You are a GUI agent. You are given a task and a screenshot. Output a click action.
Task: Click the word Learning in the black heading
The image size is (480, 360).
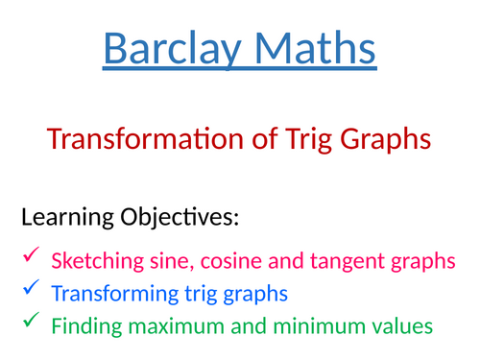point(72,218)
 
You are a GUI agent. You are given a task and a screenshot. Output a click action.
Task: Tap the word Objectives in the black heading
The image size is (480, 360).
point(184,218)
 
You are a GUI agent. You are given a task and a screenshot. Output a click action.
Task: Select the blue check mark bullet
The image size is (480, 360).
point(32,288)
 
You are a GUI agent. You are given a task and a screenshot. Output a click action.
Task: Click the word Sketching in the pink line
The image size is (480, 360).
point(94,260)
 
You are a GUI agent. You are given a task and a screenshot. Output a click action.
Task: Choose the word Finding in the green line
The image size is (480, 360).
point(83,326)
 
